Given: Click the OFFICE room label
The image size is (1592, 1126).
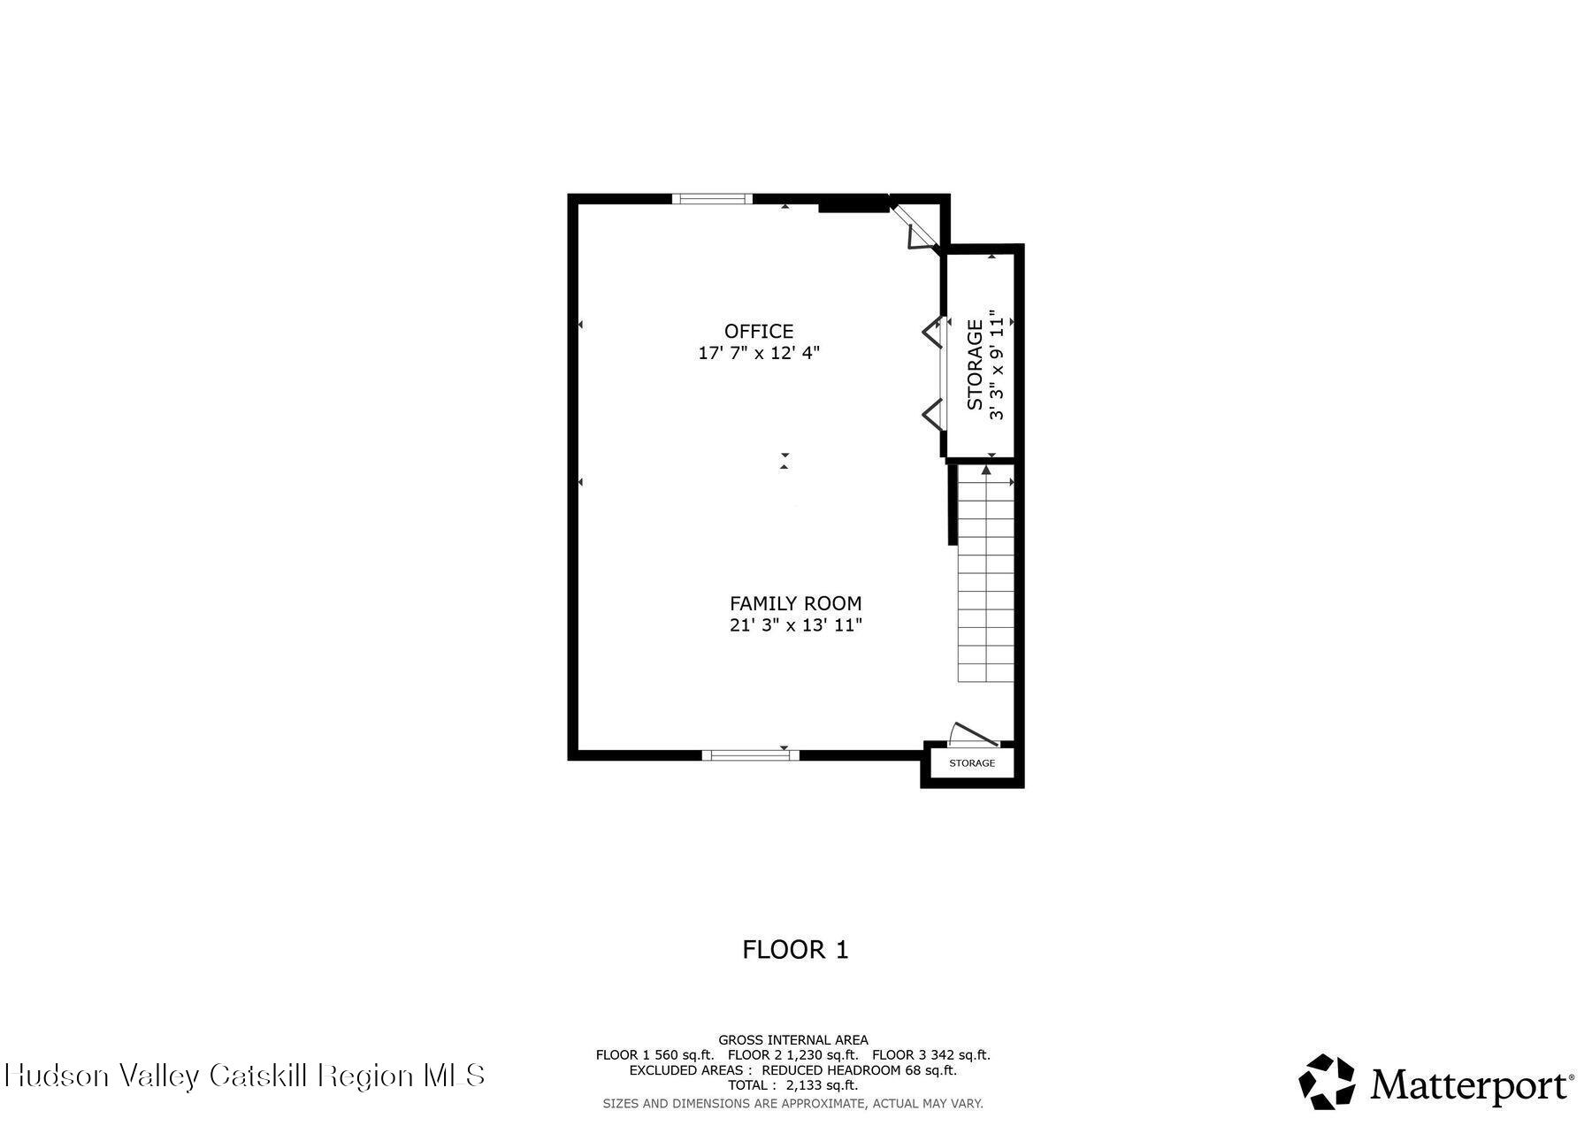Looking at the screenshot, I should click(x=759, y=332).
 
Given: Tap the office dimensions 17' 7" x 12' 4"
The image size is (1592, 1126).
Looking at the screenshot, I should click(x=759, y=353).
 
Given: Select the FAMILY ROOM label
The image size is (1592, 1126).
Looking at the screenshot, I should click(x=795, y=603).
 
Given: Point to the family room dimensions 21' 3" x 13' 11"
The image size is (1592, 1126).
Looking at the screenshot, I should click(x=795, y=625).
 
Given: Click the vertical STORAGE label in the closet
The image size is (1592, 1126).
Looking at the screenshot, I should click(x=975, y=365).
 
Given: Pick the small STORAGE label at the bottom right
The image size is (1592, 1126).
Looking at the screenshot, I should click(x=972, y=763).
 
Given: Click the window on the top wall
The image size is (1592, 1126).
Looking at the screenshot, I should click(x=712, y=199).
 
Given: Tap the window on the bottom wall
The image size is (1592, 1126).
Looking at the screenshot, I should click(x=750, y=755).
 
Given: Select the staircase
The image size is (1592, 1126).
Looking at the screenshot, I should click(x=985, y=575).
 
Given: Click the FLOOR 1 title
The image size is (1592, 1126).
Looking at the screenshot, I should click(x=795, y=950).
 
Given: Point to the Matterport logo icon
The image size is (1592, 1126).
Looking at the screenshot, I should click(x=1327, y=1081).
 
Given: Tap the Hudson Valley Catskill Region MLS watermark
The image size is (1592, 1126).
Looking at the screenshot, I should click(x=245, y=1076).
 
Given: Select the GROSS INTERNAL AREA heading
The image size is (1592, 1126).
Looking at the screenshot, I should click(x=793, y=1040).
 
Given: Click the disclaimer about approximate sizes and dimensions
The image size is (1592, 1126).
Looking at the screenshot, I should click(x=793, y=1103).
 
